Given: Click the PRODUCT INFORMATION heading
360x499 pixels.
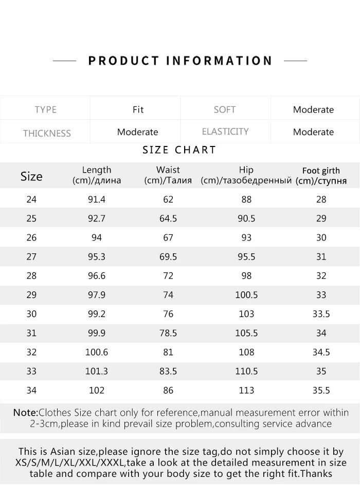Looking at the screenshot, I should pos(180,61).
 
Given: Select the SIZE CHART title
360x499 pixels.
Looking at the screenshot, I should pos(179,150).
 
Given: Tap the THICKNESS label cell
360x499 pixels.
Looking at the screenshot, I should pos(47,133).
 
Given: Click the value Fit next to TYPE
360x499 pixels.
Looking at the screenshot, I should pos(138,109).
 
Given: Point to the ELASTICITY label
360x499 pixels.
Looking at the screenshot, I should pos(225,132).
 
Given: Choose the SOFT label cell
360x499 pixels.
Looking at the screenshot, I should pos(225,109).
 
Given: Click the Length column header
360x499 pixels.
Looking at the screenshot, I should pos(97,175).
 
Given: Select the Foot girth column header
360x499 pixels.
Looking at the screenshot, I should pos(321,175).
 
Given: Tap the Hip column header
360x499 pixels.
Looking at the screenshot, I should pos(246,175).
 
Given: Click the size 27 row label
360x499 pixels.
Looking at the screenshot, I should pos(31,256).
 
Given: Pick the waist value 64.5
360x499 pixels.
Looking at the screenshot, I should pos(168,218).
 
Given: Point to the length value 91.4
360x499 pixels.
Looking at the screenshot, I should pos(97,199).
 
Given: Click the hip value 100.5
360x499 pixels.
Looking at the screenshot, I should pos(246,295).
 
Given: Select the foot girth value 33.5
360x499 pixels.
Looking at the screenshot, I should pos(321,314).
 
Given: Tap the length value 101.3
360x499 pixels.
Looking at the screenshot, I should pos(97,371).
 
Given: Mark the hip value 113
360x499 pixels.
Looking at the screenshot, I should pos(246,390).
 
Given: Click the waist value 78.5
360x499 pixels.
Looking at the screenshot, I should pos(168,333).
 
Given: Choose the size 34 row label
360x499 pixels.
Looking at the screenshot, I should pos(31,390).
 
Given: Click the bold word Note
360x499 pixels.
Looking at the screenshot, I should pos(25,413).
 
